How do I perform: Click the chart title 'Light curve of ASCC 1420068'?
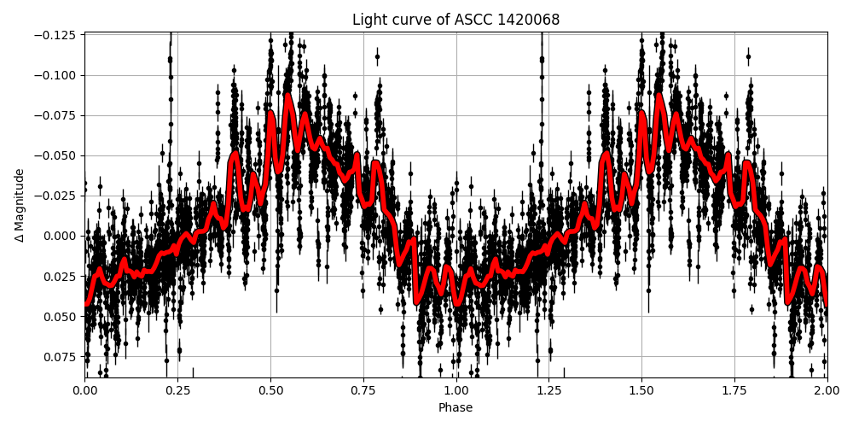[456, 20]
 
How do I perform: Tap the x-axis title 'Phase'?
[456, 407]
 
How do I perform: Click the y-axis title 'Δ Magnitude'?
[20, 205]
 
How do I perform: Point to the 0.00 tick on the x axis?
[84, 390]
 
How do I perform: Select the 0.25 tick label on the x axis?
[177, 390]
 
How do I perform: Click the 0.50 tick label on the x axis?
[270, 390]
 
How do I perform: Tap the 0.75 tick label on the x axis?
[363, 390]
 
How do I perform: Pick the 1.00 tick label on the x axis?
[456, 390]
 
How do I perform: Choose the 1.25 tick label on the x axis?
[548, 390]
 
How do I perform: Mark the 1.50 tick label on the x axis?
[641, 390]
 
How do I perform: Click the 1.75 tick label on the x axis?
[734, 390]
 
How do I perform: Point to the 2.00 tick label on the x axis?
[827, 390]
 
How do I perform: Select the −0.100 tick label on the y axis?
[56, 75]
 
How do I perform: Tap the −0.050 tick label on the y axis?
[56, 155]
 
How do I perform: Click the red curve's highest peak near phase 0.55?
[287, 95]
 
